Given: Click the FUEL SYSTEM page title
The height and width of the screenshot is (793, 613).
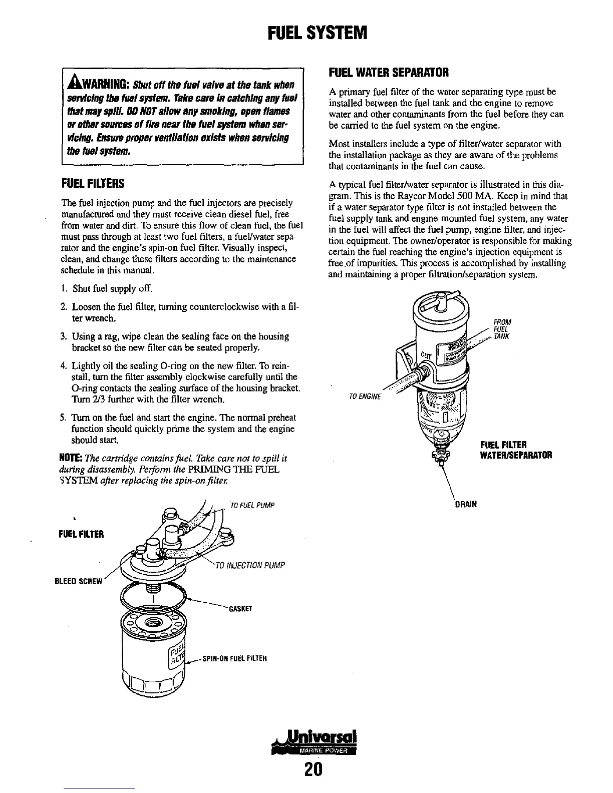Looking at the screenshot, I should coord(318,33).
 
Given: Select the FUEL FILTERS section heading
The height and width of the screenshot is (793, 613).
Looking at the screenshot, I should coord(92,184).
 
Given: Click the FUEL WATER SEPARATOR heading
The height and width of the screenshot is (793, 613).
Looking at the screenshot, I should coord(387,72).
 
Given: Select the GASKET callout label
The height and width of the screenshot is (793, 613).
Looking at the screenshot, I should coord(239,609).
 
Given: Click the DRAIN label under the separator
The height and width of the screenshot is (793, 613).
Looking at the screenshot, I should coord(466,505).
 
